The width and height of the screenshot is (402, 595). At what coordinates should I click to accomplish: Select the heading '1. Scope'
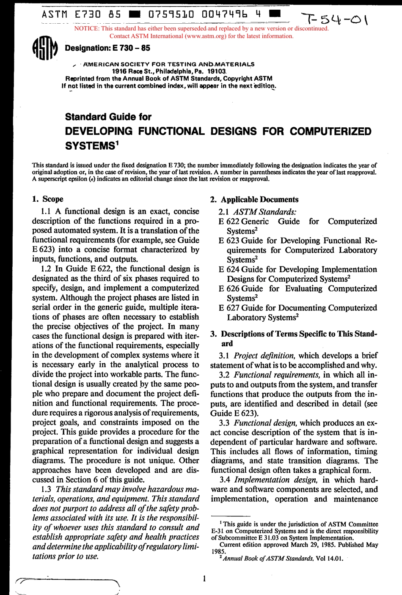click(x=48, y=199)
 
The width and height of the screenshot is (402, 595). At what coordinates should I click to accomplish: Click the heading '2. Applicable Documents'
click(x=254, y=200)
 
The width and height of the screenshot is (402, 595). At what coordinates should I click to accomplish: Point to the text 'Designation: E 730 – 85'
click(x=107, y=48)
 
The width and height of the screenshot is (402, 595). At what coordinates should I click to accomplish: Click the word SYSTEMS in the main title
click(x=89, y=145)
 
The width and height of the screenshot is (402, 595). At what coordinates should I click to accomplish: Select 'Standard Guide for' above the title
click(x=108, y=117)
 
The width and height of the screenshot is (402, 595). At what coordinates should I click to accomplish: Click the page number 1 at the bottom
click(x=204, y=578)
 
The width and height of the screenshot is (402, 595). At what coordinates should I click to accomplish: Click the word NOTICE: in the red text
click(x=87, y=29)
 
